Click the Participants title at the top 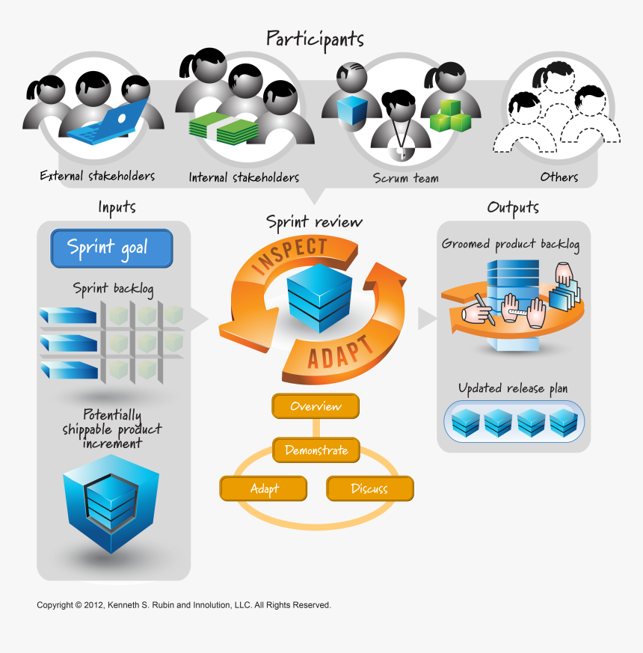[x=315, y=39]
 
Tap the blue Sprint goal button [x=111, y=248]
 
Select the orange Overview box [x=316, y=406]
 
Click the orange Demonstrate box [x=316, y=450]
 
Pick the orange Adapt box [x=263, y=488]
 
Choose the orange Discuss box [x=369, y=488]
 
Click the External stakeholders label [x=97, y=177]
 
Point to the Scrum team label [x=406, y=178]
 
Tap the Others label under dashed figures [x=559, y=177]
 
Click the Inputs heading [x=117, y=207]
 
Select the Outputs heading [x=512, y=207]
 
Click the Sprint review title [x=314, y=222]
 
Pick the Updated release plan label [x=512, y=388]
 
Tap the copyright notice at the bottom [x=183, y=605]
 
